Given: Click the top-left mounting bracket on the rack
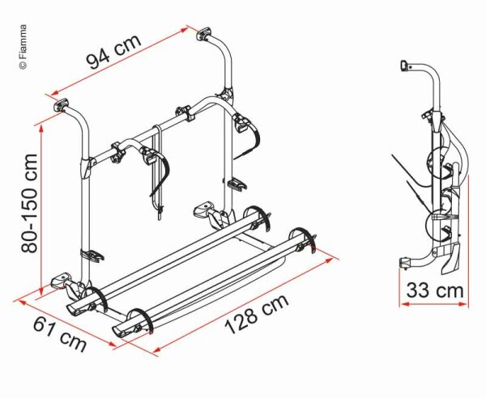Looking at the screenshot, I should tap(62, 105).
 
